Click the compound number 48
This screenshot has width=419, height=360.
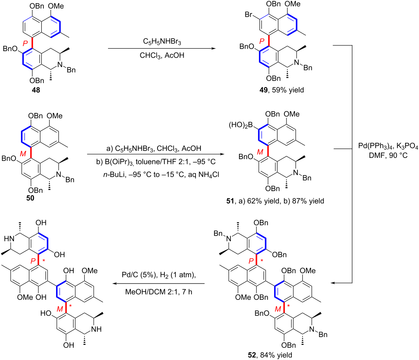[36, 90]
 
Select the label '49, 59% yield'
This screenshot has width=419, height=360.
[282, 90]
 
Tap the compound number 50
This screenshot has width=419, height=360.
[30, 198]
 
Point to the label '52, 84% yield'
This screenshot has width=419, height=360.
[270, 355]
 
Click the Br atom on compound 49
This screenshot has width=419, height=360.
[248, 14]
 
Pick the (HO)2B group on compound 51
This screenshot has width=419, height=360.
[241, 125]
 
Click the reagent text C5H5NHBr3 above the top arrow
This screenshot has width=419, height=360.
[162, 42]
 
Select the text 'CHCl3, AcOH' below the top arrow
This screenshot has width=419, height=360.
[162, 55]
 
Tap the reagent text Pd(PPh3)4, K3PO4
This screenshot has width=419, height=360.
[388, 146]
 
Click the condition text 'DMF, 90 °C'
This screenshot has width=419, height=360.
[388, 155]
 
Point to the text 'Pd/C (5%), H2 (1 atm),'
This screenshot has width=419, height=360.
[159, 275]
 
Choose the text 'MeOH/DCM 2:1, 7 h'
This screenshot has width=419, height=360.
[159, 292]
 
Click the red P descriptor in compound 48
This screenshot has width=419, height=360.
[25, 43]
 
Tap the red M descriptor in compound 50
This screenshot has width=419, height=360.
[23, 154]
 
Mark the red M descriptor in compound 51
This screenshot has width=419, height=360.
[260, 152]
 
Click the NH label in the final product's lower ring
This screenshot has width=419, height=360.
[96, 329]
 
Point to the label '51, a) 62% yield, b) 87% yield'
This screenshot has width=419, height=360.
[275, 201]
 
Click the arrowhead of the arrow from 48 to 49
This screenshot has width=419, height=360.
[214, 49]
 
